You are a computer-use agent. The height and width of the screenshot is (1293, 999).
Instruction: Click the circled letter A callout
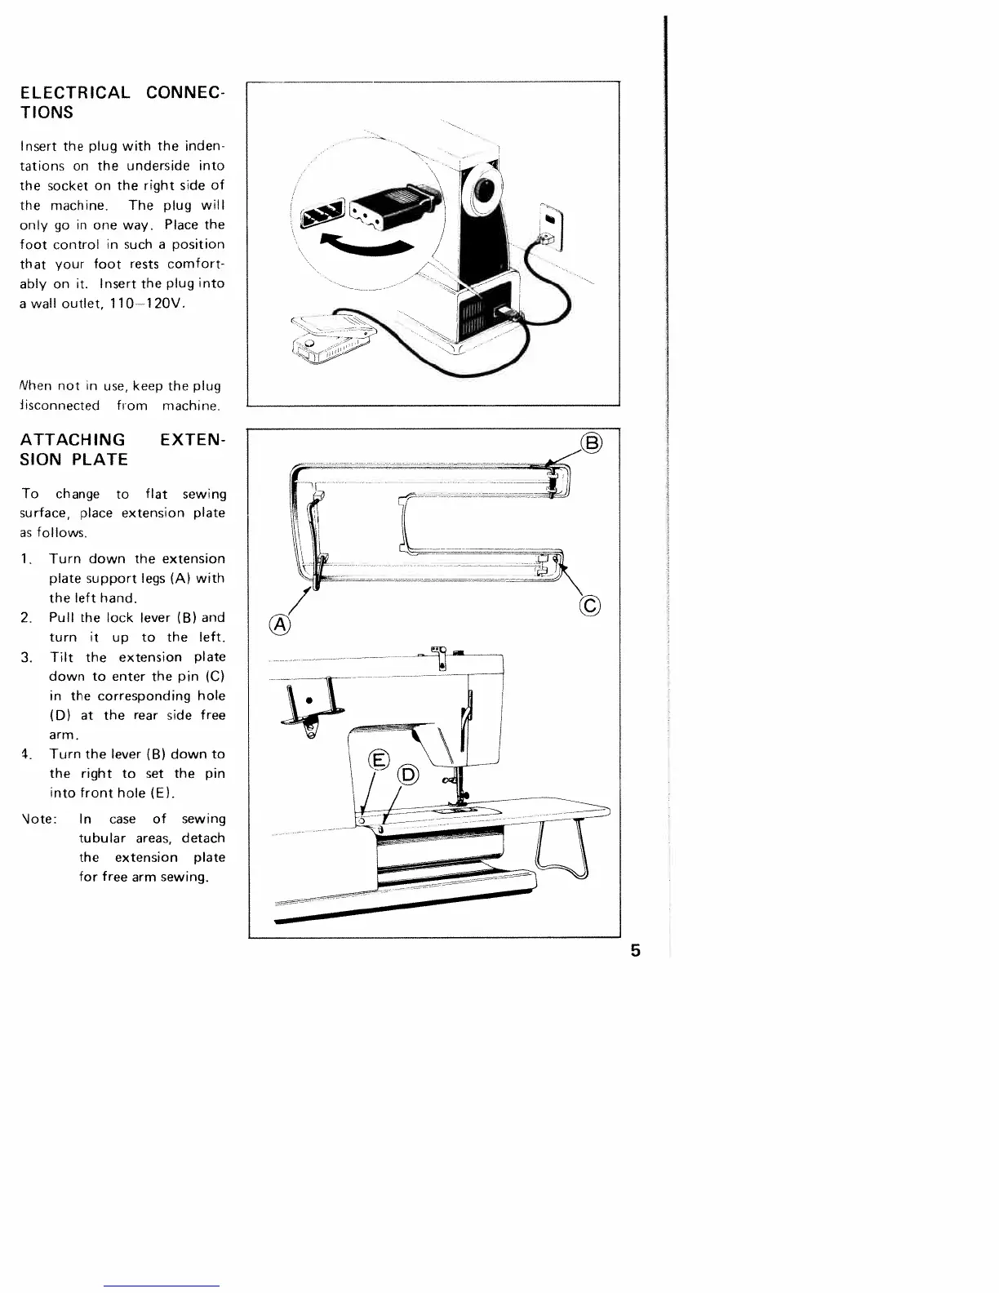[280, 625]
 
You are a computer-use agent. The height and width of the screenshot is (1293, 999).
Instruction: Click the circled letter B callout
[592, 443]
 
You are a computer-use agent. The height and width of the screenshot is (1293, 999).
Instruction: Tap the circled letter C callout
[590, 605]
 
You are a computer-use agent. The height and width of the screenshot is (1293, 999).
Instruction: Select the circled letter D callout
[406, 775]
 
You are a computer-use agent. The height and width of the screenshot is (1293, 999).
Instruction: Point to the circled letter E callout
[378, 760]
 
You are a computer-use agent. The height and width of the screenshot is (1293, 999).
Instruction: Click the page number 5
[635, 950]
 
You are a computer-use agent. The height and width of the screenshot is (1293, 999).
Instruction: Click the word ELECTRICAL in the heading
[74, 92]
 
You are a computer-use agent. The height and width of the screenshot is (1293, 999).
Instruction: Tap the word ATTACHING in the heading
[73, 440]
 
